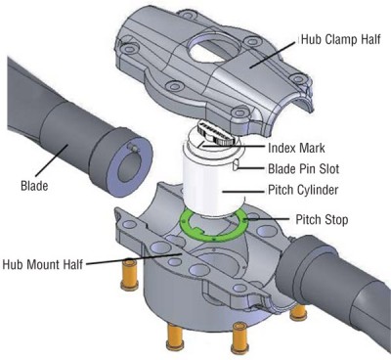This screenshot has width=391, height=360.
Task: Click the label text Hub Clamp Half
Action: click(337, 42)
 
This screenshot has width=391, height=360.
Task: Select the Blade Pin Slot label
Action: click(305, 167)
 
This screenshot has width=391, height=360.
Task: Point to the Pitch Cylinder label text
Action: click(306, 189)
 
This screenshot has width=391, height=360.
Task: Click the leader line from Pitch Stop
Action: click(273, 218)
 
